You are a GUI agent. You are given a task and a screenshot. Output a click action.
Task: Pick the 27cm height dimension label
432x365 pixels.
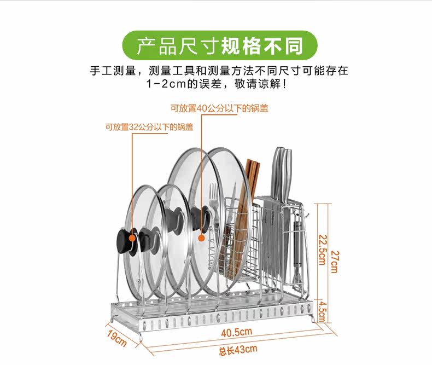click(x=335, y=262)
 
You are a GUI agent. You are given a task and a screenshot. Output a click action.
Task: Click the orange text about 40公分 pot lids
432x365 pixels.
click(x=219, y=108)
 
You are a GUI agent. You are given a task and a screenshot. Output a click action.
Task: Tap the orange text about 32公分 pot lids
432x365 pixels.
click(x=149, y=127)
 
